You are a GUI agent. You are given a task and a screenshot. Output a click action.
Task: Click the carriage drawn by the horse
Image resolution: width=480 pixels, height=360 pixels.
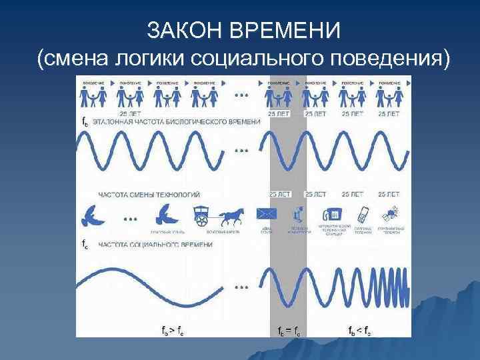point(204,214)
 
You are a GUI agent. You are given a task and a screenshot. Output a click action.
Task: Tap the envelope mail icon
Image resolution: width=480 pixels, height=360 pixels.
point(267,214)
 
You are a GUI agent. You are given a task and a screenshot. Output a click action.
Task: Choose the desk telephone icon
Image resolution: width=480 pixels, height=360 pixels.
point(331,215)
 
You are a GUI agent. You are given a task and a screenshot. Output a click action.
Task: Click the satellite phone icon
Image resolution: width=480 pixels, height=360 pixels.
point(390,214)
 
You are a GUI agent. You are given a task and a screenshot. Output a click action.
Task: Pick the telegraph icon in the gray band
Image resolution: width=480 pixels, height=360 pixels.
point(297,215)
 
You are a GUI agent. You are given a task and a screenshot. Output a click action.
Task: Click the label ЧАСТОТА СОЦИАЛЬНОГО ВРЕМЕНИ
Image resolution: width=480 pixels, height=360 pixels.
point(155,245)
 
